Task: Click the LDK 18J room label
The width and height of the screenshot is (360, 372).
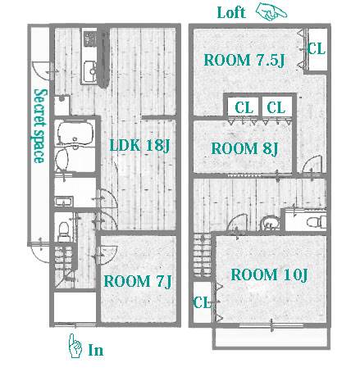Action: click(139, 145)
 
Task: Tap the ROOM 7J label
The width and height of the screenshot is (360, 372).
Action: click(138, 281)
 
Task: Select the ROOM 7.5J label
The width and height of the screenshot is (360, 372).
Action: click(244, 60)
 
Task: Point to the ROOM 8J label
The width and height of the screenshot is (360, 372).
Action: click(244, 148)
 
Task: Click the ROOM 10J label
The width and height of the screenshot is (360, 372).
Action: click(269, 274)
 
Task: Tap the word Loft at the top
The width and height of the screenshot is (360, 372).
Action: click(231, 12)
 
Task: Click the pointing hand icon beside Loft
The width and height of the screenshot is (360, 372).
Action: click(271, 11)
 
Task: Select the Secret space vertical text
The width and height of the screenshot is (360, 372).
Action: click(39, 126)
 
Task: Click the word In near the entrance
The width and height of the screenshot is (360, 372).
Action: click(96, 350)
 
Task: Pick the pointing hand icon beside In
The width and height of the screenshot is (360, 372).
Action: click(75, 346)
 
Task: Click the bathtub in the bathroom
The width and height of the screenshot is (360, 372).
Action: click(75, 132)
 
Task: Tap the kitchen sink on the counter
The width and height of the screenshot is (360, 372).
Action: click(90, 71)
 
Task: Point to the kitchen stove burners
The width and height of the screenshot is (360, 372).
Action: click(90, 39)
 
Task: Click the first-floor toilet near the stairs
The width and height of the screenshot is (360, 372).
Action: click(64, 231)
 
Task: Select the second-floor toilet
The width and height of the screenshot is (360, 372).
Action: click(317, 221)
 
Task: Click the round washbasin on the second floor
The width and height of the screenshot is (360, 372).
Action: click(270, 223)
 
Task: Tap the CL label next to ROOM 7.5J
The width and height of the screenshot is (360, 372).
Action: click(317, 49)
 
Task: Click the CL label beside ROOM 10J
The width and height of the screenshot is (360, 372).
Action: click(202, 302)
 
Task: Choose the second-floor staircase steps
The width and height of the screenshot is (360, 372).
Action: click(202, 256)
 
